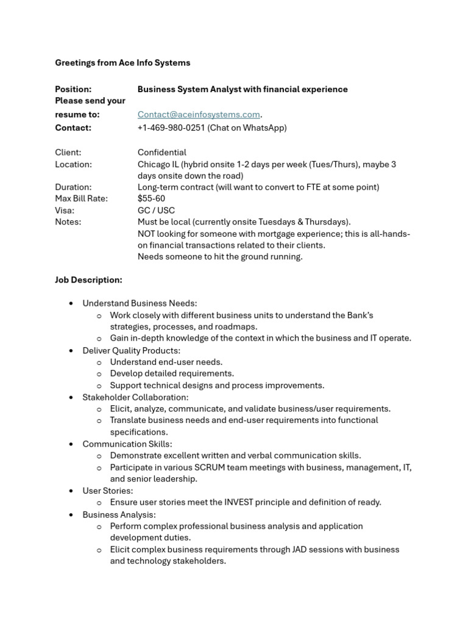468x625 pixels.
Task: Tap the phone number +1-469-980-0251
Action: click(x=171, y=128)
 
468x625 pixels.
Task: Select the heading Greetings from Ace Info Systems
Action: click(x=122, y=63)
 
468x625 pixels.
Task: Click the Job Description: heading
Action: click(x=88, y=280)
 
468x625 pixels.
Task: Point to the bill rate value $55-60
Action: click(x=151, y=198)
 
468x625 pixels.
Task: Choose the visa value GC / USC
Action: click(x=156, y=211)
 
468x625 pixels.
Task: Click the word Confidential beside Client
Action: click(x=162, y=153)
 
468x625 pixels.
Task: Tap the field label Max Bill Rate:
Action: click(x=81, y=198)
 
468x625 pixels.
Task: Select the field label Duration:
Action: click(x=73, y=187)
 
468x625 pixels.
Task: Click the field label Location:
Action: click(x=73, y=164)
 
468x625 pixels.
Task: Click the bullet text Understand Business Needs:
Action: click(x=140, y=303)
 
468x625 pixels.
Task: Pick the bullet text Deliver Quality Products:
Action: click(x=132, y=350)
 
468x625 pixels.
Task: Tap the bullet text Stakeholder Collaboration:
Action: click(x=135, y=397)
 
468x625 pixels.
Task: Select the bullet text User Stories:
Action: click(x=107, y=491)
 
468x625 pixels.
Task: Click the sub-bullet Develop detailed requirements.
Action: click(x=172, y=374)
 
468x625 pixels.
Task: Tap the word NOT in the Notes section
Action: click(x=147, y=234)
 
